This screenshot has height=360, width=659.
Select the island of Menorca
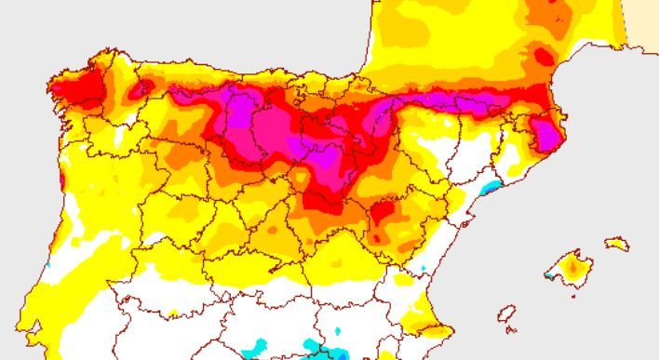[617, 244]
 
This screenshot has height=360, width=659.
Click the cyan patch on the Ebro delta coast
[490, 188]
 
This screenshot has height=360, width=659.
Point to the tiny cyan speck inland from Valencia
[423, 269]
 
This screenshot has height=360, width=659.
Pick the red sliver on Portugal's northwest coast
[61, 177]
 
